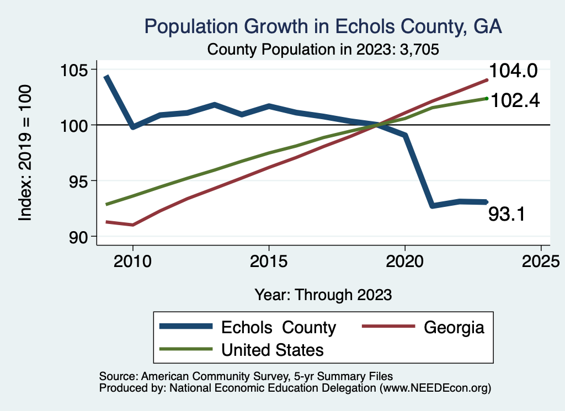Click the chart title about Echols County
pos(323,26)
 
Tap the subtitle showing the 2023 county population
pos(323,50)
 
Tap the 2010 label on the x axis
pos(133,260)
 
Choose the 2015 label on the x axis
pos(269,260)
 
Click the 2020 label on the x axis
pos(404,260)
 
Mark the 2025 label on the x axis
pos(540,260)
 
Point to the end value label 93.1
pos(506,214)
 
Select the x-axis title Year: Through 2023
pos(323,295)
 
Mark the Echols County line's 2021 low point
pos(431,205)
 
